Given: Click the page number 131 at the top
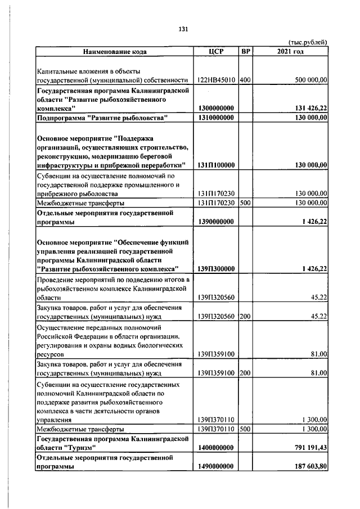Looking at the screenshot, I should pyautogui.click(x=182, y=29).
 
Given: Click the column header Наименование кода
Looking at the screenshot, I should pyautogui.click(x=115, y=52).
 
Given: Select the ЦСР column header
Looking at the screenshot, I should pyautogui.click(x=216, y=52).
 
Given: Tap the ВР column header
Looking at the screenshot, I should pyautogui.click(x=245, y=52).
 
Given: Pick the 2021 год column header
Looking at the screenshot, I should pyautogui.click(x=290, y=52).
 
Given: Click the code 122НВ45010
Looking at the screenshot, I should pyautogui.click(x=217, y=80).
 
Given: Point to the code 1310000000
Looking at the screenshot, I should pyautogui.click(x=217, y=118).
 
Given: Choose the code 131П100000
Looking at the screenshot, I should pyautogui.click(x=217, y=165).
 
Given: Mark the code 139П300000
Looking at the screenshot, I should pyautogui.click(x=217, y=269).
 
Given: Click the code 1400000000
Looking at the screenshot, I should pyautogui.click(x=217, y=447).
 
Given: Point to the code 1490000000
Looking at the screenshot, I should pyautogui.click(x=217, y=467).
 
